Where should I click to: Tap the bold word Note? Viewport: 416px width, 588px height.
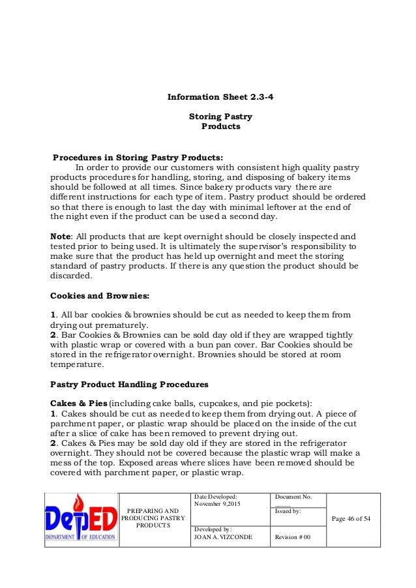[62, 236]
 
